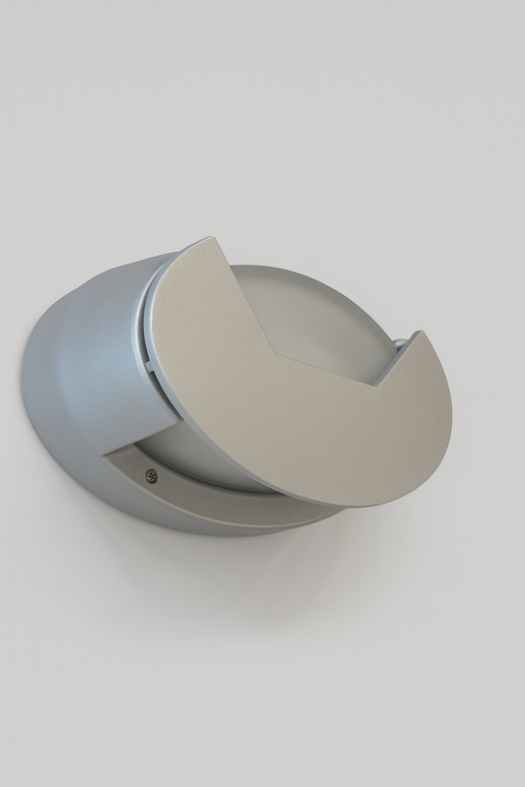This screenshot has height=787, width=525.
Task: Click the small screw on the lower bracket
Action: pyautogui.click(x=151, y=475)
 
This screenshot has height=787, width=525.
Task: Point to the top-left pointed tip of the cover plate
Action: pyautogui.click(x=210, y=238)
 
